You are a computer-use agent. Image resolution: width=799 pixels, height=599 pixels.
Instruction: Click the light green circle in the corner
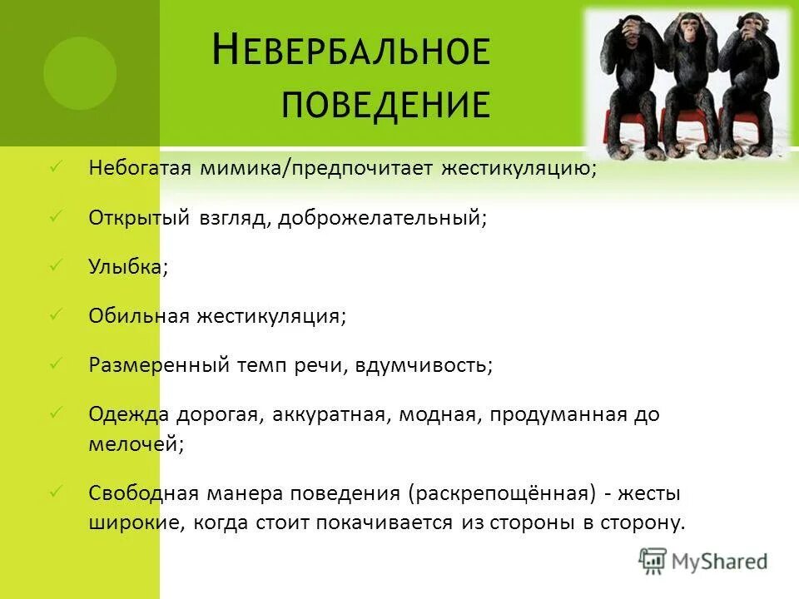pos(79,73)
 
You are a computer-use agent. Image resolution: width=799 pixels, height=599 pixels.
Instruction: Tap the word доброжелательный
pos(382,219)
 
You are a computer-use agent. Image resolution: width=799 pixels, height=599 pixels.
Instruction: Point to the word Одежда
pos(129,415)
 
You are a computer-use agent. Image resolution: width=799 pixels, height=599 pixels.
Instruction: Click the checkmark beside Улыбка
pos(57,265)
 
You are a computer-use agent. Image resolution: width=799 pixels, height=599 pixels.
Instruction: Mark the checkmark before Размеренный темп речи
pos(57,364)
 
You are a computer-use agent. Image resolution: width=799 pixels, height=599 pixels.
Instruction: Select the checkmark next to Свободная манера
pos(57,493)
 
